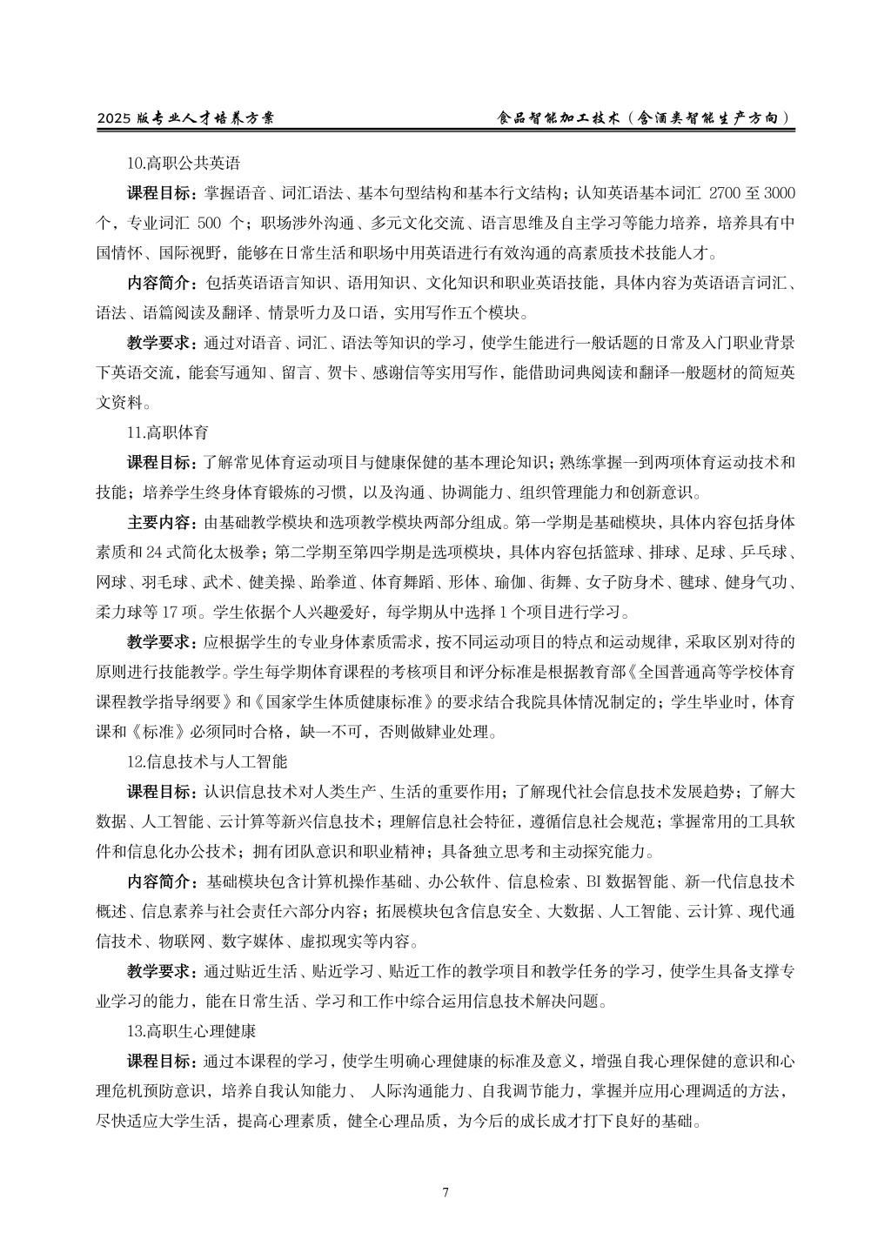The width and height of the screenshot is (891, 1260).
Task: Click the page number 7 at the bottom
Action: click(445, 1192)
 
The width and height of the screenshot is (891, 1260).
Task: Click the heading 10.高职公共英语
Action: click(183, 163)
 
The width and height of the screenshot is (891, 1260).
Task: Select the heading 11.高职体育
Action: click(168, 432)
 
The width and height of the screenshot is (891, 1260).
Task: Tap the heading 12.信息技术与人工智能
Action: click(206, 761)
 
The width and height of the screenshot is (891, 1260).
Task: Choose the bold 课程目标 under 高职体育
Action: click(161, 462)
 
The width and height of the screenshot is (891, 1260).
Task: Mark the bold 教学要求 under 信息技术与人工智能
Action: click(161, 971)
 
